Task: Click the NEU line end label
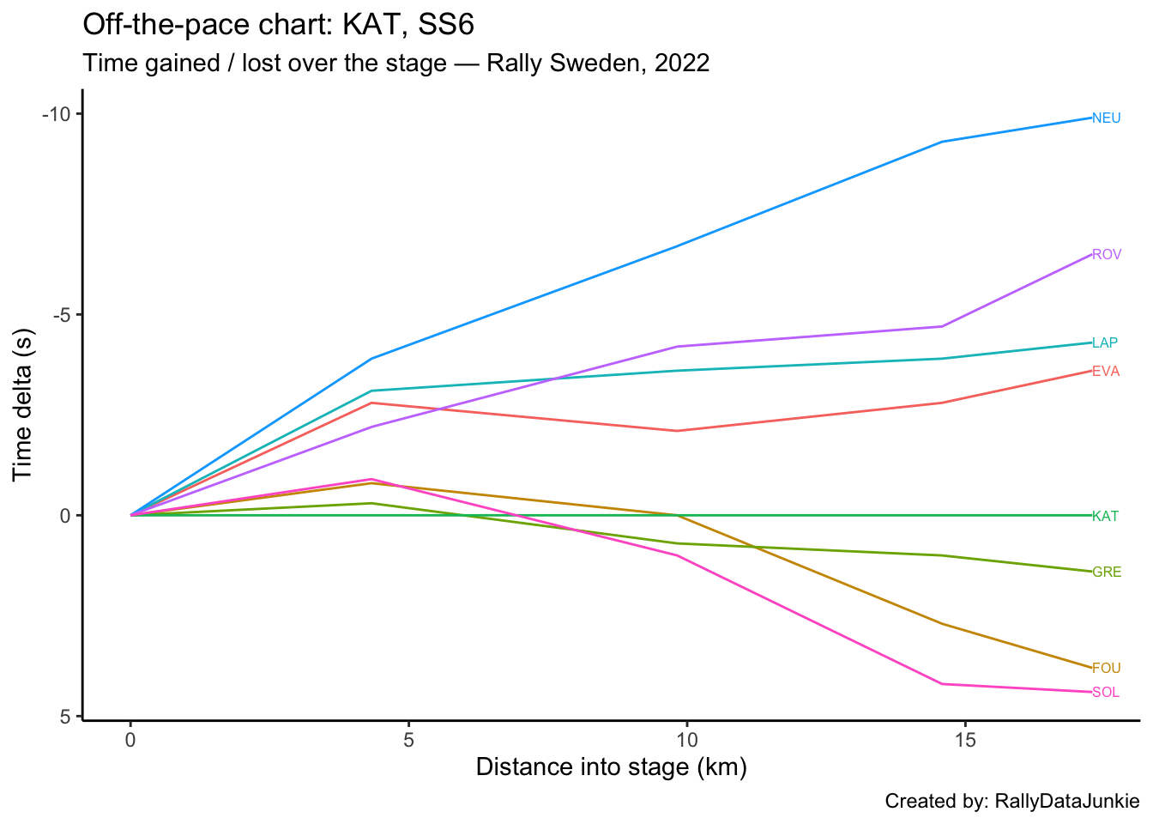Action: click(x=1106, y=118)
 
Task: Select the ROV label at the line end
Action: click(x=1106, y=255)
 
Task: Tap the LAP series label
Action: click(x=1104, y=343)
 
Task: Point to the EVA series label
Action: click(x=1105, y=372)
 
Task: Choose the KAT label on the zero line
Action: click(x=1105, y=517)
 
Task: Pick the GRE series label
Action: click(x=1106, y=573)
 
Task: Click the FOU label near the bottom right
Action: click(x=1106, y=669)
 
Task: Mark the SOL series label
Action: click(x=1105, y=693)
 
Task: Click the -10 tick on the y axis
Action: click(x=57, y=115)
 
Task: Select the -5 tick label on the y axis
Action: click(x=62, y=315)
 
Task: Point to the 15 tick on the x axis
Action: click(x=965, y=740)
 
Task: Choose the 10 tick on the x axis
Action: click(x=686, y=740)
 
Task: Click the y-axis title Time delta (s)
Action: click(x=23, y=403)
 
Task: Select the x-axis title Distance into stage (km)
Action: click(x=611, y=766)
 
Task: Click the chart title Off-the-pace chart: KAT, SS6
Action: click(x=278, y=25)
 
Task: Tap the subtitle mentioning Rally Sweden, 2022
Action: click(x=395, y=64)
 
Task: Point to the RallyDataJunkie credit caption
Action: click(x=1012, y=802)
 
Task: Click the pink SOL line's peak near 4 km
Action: click(x=371, y=479)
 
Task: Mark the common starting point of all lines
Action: click(x=130, y=515)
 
